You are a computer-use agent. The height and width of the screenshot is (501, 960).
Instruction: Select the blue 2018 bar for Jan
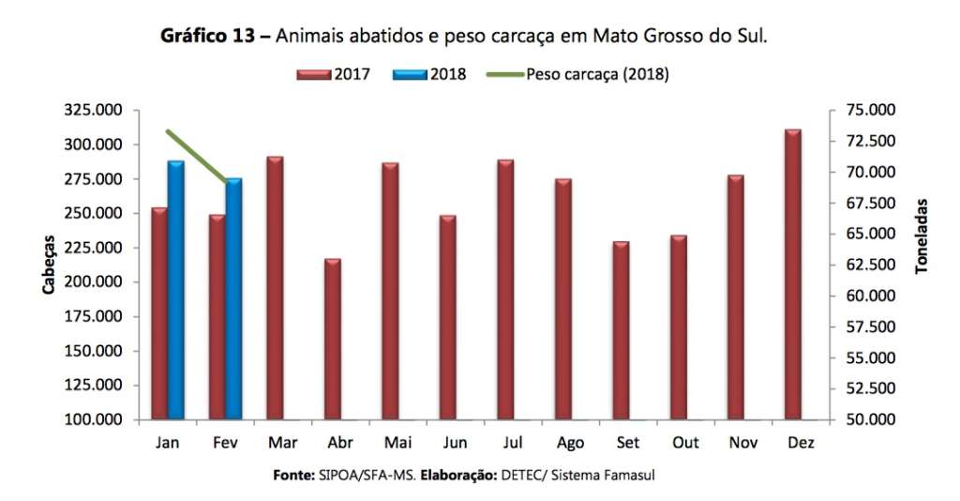point(175,290)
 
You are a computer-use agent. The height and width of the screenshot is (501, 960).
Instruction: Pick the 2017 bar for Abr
point(332,339)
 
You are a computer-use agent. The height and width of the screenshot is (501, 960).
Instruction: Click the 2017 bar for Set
point(621,330)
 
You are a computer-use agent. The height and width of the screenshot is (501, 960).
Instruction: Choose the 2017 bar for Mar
point(275,288)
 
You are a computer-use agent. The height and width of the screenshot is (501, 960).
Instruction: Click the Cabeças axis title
point(48,266)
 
